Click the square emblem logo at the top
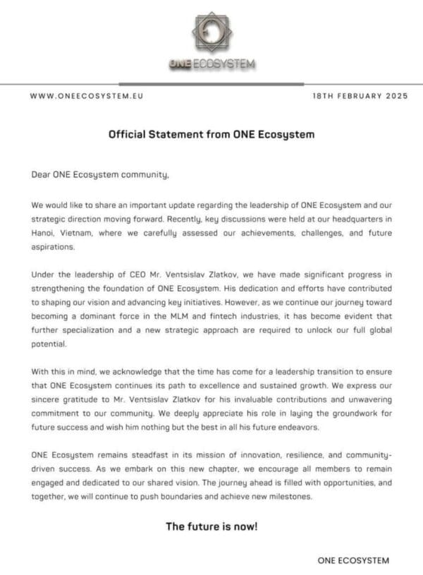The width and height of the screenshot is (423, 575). (211, 32)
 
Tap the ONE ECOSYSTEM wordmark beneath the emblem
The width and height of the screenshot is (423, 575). (211, 65)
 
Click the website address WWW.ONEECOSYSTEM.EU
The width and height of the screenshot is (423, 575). (86, 96)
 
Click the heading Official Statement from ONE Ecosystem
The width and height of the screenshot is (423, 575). (211, 133)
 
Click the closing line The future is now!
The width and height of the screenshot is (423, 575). (211, 526)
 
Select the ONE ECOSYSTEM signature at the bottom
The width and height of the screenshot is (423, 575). (352, 560)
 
